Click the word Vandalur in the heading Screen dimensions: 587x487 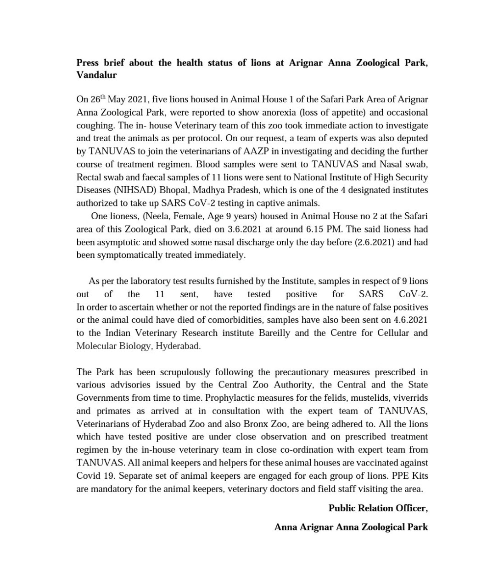pos(96,75)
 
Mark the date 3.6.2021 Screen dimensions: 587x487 pos(247,229)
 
